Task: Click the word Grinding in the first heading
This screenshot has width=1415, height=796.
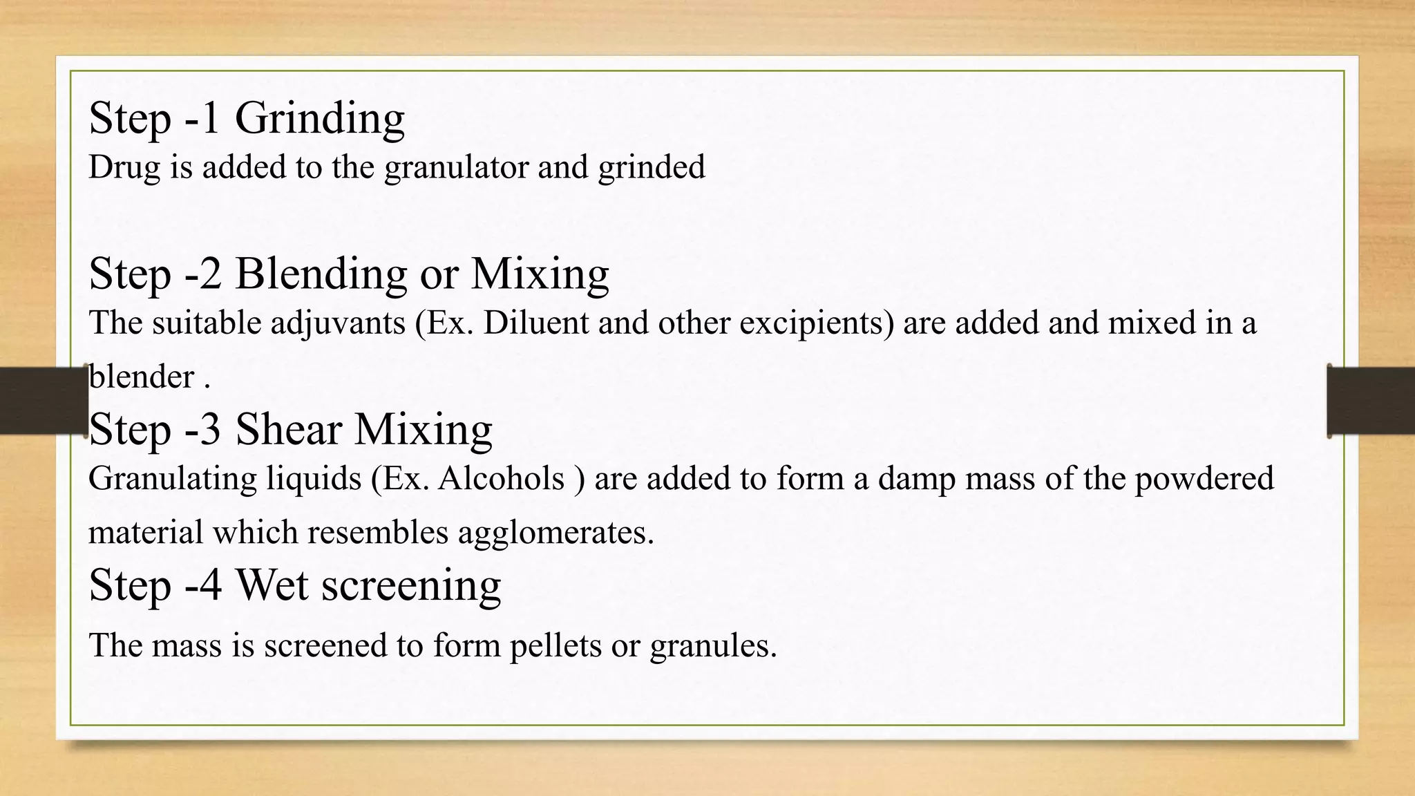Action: coord(320,117)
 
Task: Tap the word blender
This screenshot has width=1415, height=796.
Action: coord(142,377)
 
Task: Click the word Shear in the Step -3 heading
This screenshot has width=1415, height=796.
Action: coord(288,429)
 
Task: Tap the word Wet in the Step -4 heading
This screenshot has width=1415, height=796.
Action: coord(272,585)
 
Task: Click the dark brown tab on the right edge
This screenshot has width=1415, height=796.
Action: coord(1371,401)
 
